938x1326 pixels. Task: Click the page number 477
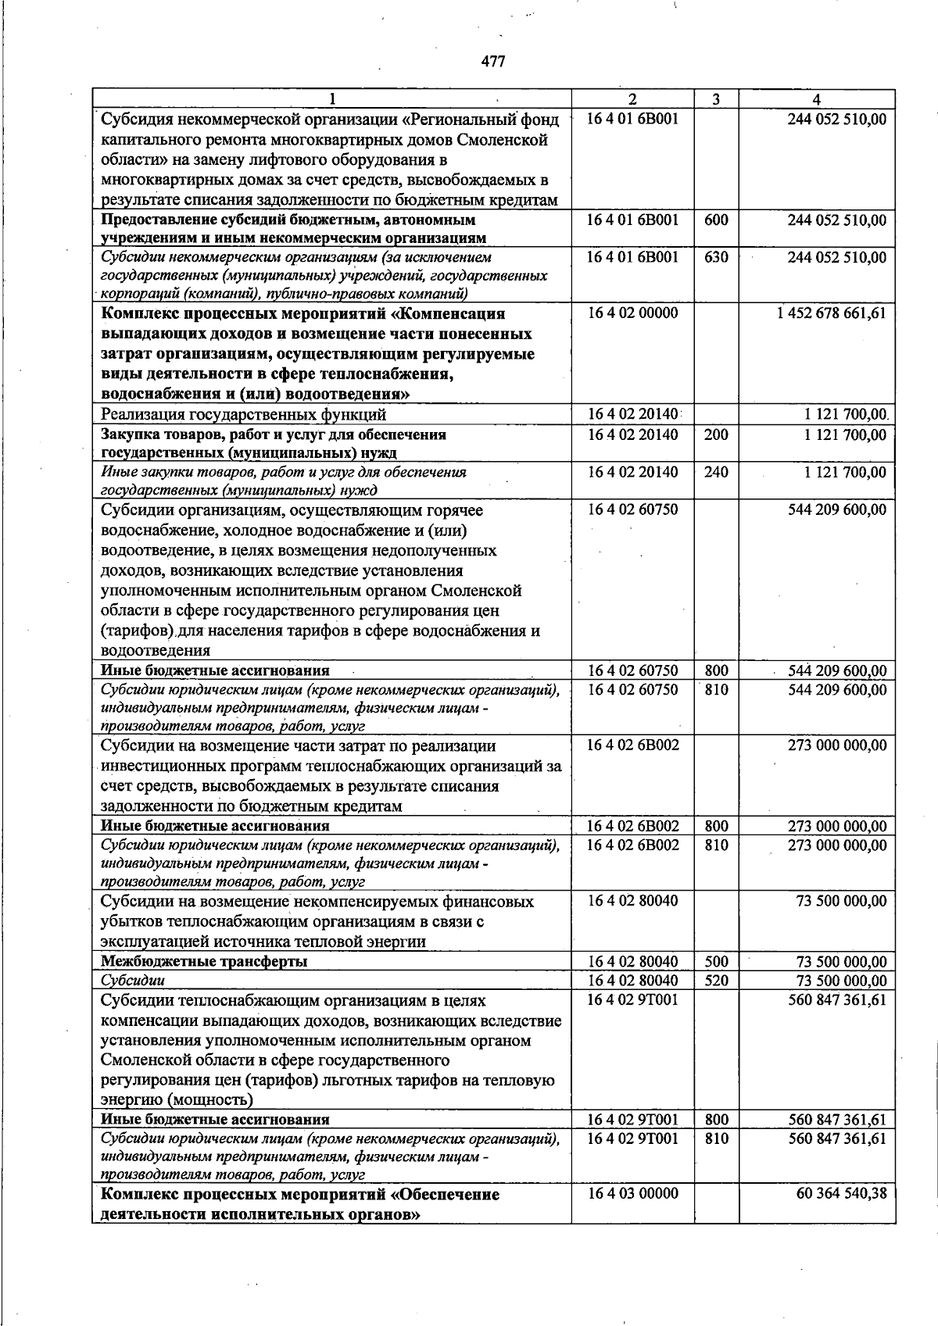click(492, 61)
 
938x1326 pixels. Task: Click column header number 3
click(715, 99)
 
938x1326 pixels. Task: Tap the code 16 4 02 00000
click(632, 313)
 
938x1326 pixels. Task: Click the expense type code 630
click(715, 257)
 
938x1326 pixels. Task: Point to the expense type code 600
click(715, 220)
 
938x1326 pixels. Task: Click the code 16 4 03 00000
click(632, 1194)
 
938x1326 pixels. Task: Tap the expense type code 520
click(715, 981)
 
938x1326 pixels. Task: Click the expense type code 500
click(715, 962)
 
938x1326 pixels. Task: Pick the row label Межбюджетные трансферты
click(204, 962)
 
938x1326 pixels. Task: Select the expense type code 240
click(715, 472)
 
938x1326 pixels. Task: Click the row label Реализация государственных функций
click(243, 415)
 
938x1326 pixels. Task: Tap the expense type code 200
click(715, 434)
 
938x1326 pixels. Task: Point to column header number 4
click(816, 99)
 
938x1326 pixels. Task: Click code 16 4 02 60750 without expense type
click(632, 509)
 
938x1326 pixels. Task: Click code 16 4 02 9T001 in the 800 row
click(632, 1120)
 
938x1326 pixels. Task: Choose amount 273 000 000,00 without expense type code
click(837, 745)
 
